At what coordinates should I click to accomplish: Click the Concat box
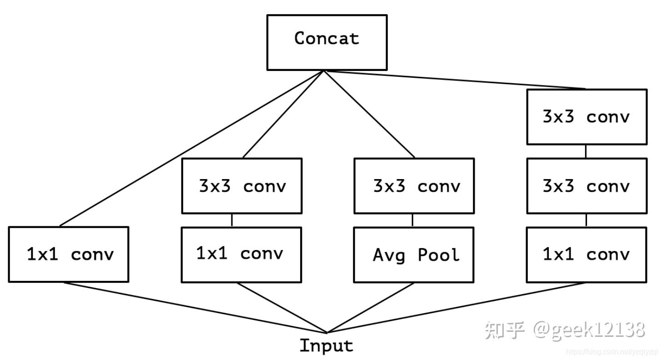coord(327,42)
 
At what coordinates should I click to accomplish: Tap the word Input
coord(326,346)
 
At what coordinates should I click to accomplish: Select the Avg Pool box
coord(414,255)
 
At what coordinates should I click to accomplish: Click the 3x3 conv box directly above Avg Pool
coord(414,186)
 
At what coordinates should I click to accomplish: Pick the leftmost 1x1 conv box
coord(69,255)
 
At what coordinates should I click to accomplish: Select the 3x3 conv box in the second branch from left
coord(241,186)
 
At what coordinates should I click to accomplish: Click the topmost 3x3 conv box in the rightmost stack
coord(587,117)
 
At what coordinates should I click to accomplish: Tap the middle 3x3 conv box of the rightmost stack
coord(587,186)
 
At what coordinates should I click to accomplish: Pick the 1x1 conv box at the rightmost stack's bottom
coord(587,255)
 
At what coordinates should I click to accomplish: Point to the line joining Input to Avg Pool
coord(371,308)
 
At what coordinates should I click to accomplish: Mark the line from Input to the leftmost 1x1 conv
coord(196,308)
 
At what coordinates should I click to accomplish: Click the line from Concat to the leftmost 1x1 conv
coord(191,148)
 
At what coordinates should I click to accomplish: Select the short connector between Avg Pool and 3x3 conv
coord(412,220)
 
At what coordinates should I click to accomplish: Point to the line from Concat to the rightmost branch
coord(455,80)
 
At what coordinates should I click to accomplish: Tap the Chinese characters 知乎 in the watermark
coord(505,330)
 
